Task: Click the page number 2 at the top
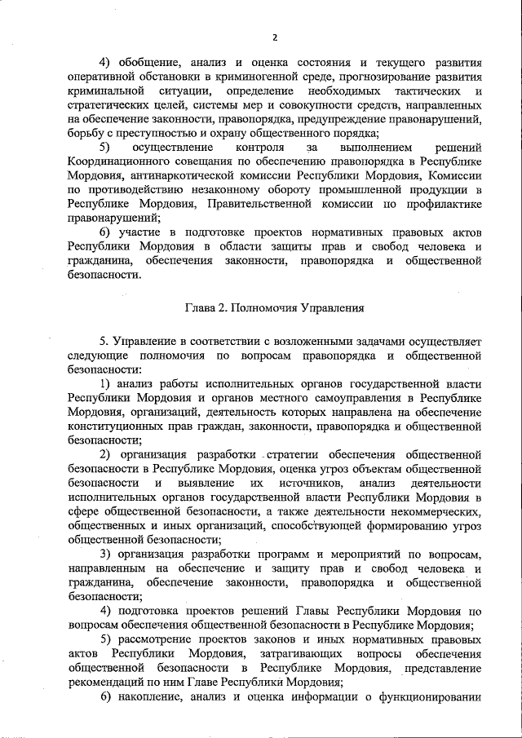[275, 37]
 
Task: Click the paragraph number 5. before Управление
[104, 339]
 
